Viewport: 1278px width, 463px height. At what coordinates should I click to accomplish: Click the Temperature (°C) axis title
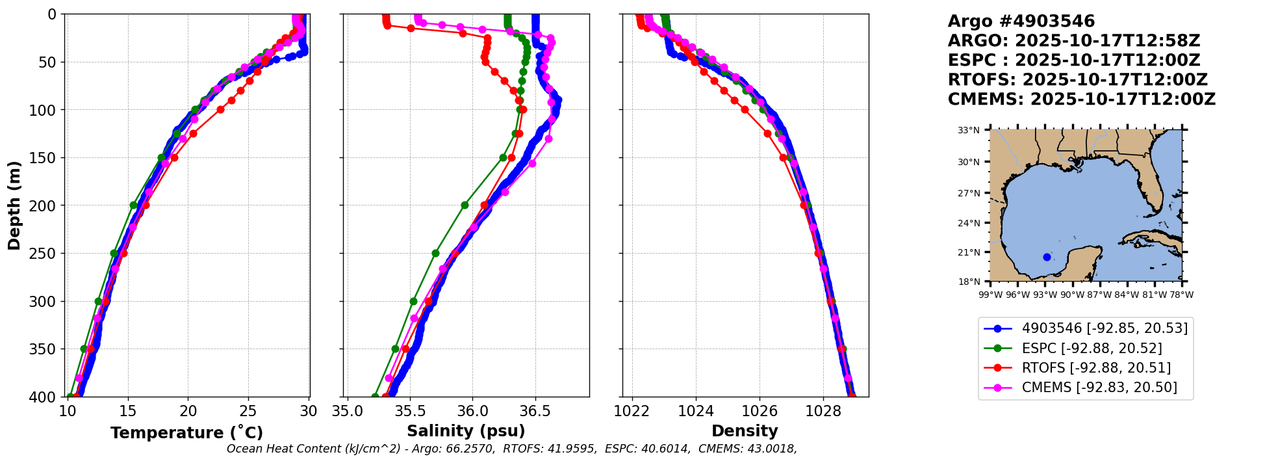click(186, 432)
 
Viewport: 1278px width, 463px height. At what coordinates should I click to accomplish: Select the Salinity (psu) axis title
click(466, 431)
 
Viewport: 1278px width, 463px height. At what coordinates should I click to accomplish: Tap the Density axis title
click(745, 431)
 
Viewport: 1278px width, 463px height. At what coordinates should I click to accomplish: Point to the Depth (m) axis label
click(14, 205)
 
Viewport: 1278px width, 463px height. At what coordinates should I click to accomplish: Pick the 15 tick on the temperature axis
click(128, 412)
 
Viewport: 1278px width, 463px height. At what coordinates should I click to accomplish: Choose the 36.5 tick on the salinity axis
click(535, 412)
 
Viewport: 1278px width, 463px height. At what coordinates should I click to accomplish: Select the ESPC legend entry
click(1092, 349)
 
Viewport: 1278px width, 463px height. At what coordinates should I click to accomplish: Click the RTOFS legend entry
click(1096, 368)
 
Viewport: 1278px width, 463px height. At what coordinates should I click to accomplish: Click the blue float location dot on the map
click(1047, 257)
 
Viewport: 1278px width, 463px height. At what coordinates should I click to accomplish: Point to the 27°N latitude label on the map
click(968, 193)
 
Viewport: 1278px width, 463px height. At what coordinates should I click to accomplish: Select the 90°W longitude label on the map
click(1073, 295)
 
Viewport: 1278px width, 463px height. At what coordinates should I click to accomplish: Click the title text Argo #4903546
click(1021, 21)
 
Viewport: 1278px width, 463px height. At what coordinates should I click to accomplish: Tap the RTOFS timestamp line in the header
click(1077, 80)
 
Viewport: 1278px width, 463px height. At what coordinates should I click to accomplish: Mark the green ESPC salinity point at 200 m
click(465, 205)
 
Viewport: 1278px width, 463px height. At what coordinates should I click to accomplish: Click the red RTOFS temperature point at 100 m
click(220, 109)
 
